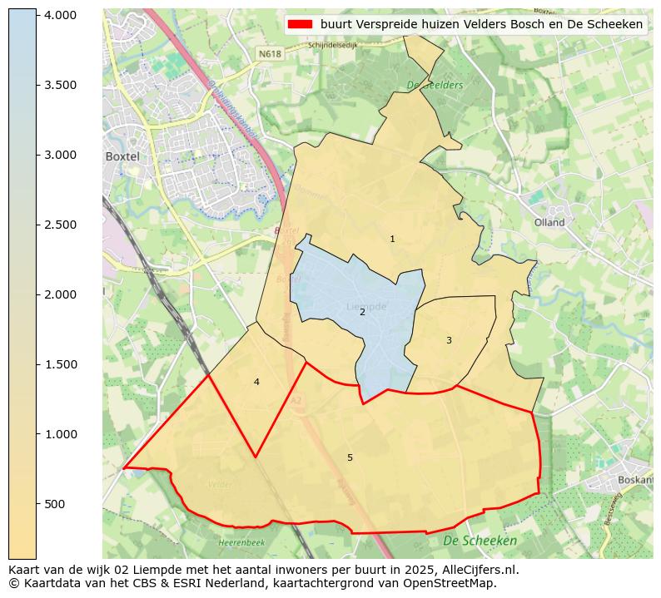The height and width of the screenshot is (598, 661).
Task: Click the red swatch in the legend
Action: point(300,24)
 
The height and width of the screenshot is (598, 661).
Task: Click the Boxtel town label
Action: point(121,156)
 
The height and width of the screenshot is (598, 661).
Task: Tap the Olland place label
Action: point(549,222)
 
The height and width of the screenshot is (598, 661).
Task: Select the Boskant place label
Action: point(635,480)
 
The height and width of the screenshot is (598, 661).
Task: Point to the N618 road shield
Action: point(269,53)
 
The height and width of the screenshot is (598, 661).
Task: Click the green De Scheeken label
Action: point(480,541)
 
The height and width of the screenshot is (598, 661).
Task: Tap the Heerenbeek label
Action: point(241,542)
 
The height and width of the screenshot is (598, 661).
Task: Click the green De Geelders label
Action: point(435,85)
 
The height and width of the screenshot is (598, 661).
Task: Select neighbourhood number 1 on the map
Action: point(392,239)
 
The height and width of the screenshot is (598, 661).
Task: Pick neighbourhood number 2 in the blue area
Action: point(362,312)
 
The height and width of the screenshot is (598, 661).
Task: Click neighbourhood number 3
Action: point(449,340)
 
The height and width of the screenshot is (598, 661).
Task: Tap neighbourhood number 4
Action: point(256,382)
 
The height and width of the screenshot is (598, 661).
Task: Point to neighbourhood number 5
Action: point(350,457)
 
